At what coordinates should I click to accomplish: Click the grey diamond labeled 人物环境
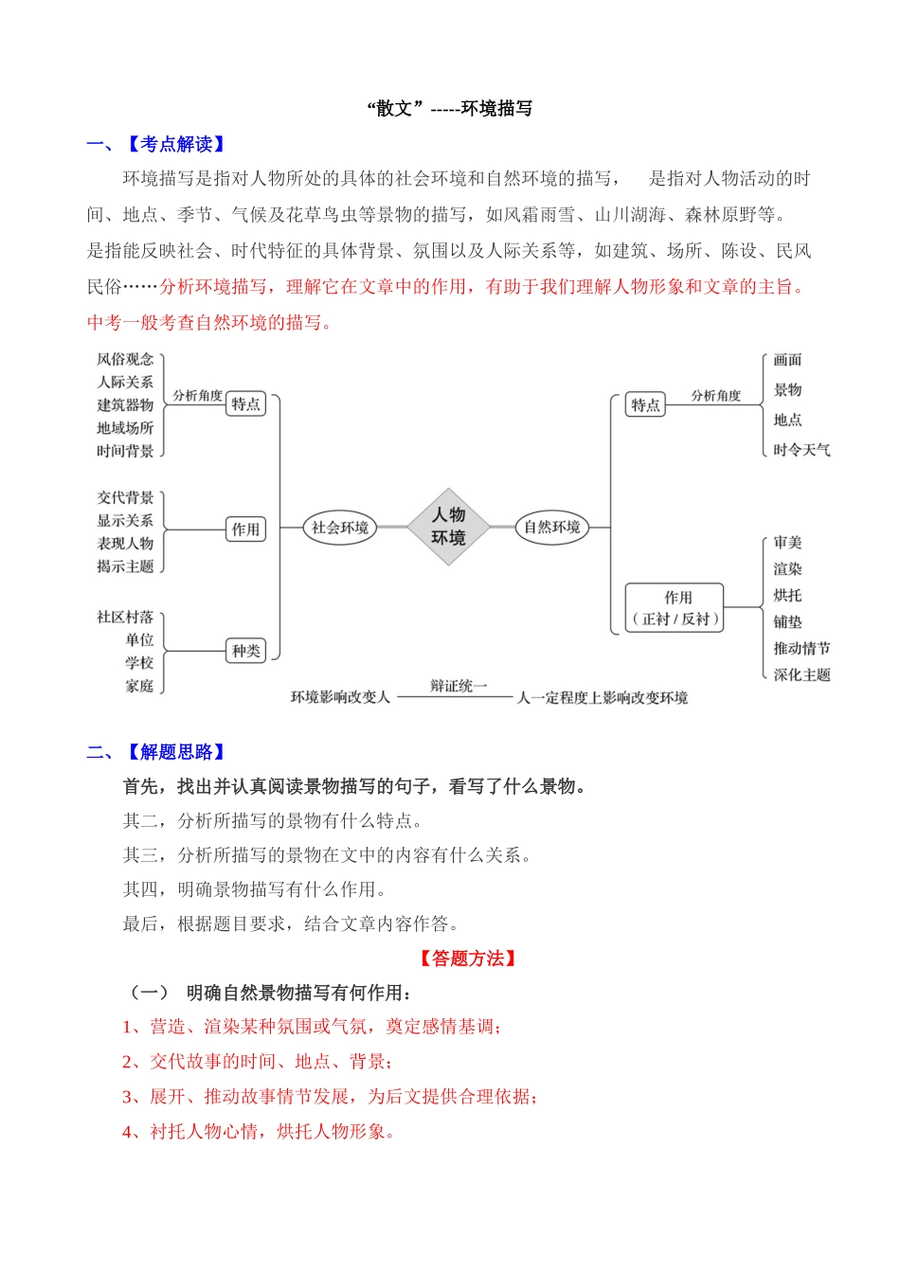448,527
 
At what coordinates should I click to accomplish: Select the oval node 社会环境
340,528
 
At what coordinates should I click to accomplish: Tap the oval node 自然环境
551,528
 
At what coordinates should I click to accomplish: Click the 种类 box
245,651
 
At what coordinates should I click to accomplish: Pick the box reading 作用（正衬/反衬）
675,608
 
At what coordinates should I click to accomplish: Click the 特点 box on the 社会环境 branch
245,404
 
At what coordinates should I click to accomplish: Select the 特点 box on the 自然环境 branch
645,405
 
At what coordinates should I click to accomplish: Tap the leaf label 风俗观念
125,359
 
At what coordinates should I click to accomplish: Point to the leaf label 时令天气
801,450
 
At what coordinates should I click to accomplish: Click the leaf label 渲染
787,569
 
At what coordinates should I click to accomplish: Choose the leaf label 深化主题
801,675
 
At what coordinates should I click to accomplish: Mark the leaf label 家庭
139,686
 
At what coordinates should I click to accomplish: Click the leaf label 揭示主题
125,566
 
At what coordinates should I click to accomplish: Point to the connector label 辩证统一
459,686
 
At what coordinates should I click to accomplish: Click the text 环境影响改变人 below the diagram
340,697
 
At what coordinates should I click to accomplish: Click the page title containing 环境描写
450,109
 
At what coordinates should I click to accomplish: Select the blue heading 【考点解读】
175,145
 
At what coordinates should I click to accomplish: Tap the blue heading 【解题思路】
175,752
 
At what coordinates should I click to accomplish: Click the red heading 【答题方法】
467,959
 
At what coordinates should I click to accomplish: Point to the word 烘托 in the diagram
787,596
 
